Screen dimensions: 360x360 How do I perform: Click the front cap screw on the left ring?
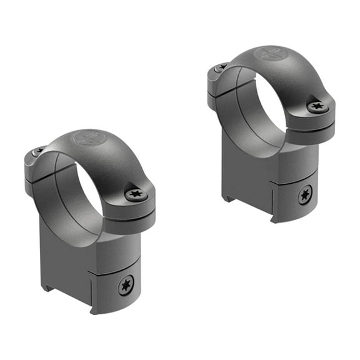pyautogui.click(x=136, y=195)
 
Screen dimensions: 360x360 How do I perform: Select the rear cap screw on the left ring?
pyautogui.click(x=38, y=152)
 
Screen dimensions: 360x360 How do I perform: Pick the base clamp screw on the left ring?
pyautogui.click(x=125, y=286)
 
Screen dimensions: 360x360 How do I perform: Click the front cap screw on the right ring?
pyautogui.click(x=317, y=107)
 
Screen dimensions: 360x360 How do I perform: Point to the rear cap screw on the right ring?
pyautogui.click(x=220, y=67)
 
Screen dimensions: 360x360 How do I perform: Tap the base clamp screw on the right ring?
pyautogui.click(x=306, y=195)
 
